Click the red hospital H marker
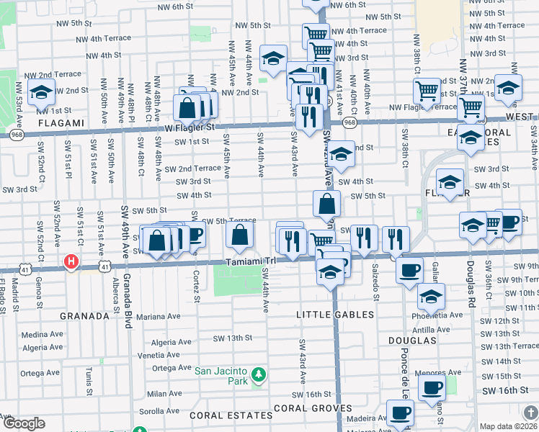pyautogui.click(x=71, y=261)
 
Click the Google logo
pyautogui.click(x=24, y=423)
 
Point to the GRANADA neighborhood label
pyautogui.click(x=84, y=315)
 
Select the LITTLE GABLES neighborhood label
pyautogui.click(x=335, y=315)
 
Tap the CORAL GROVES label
pyautogui.click(x=301, y=408)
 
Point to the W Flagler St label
pyautogui.click(x=190, y=127)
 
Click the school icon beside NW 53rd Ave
pyautogui.click(x=41, y=91)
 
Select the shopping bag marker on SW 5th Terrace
pyautogui.click(x=240, y=234)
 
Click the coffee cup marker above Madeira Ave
pyautogui.click(x=400, y=413)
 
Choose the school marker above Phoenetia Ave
pyautogui.click(x=431, y=296)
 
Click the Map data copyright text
pyautogui.click(x=509, y=426)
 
